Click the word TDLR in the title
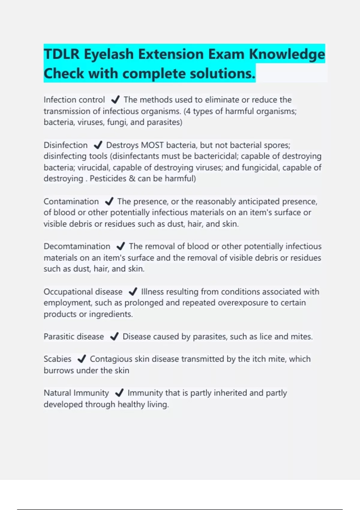tap(61, 54)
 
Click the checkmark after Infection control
tap(115, 100)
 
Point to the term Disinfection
tap(65, 145)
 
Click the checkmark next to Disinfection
tap(98, 145)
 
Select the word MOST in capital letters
tap(152, 145)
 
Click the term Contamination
tap(71, 201)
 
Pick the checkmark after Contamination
tap(109, 201)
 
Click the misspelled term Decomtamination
tap(77, 246)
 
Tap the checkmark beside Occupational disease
tap(133, 292)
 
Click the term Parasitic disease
tap(73, 337)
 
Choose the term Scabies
tap(57, 359)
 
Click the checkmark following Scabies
tap(82, 359)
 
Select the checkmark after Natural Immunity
tap(119, 393)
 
